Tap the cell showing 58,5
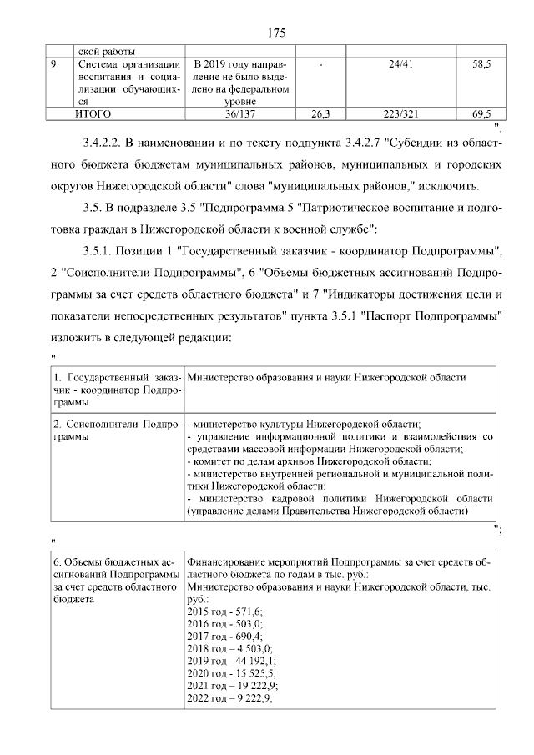(481, 63)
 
